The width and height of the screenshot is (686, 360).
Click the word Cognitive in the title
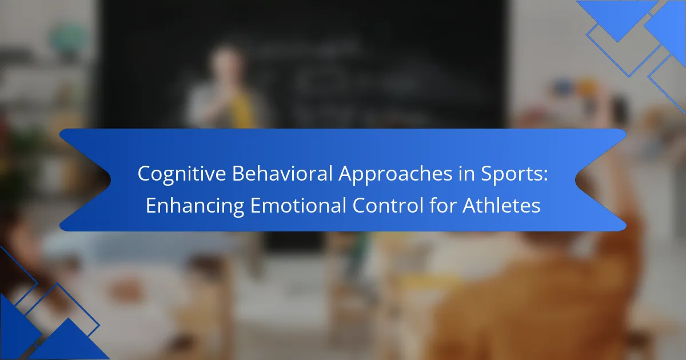182,174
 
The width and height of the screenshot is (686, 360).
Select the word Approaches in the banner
396,174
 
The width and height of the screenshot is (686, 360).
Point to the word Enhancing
195,206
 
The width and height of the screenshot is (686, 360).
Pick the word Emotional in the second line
298,205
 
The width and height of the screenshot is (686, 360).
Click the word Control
388,205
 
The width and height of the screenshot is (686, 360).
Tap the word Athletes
501,205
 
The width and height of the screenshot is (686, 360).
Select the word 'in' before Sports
466,174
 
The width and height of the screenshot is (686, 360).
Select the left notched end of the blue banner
85,179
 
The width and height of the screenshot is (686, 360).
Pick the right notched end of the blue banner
601,179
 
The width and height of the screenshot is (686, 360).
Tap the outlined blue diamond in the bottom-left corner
61,309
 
